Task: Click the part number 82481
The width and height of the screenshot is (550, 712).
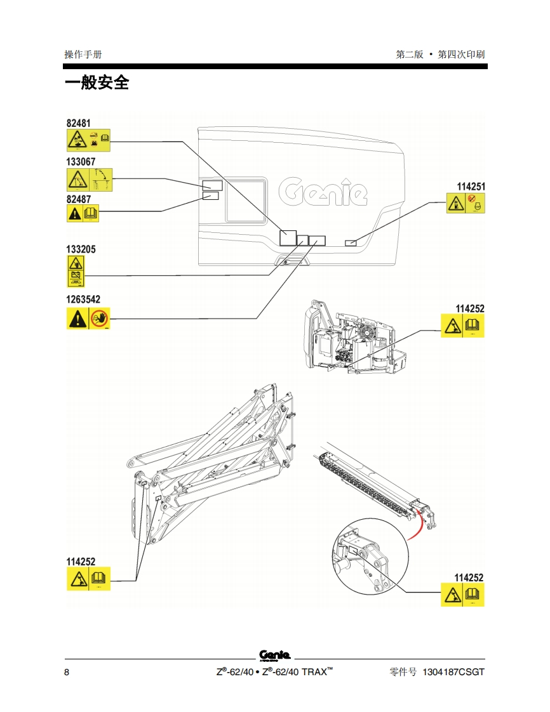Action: pyautogui.click(x=78, y=122)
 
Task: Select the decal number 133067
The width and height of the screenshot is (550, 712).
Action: pyautogui.click(x=81, y=162)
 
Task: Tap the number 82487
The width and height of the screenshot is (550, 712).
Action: pyautogui.click(x=78, y=199)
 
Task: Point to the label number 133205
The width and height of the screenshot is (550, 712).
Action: pyautogui.click(x=81, y=249)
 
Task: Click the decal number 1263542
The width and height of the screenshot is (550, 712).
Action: pyautogui.click(x=83, y=300)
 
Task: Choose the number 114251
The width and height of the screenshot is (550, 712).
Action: pyautogui.click(x=471, y=187)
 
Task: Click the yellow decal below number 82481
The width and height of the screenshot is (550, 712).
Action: pyautogui.click(x=88, y=140)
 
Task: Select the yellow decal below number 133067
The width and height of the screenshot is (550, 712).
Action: pyautogui.click(x=89, y=180)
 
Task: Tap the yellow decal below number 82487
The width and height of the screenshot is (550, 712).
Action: pyautogui.click(x=83, y=213)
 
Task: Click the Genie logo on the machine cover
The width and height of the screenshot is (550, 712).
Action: pyautogui.click(x=323, y=192)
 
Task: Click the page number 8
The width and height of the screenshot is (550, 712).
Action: pyautogui.click(x=67, y=672)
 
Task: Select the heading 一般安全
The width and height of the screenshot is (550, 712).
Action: pyautogui.click(x=97, y=82)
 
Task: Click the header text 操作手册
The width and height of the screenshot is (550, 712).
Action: pyautogui.click(x=83, y=55)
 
